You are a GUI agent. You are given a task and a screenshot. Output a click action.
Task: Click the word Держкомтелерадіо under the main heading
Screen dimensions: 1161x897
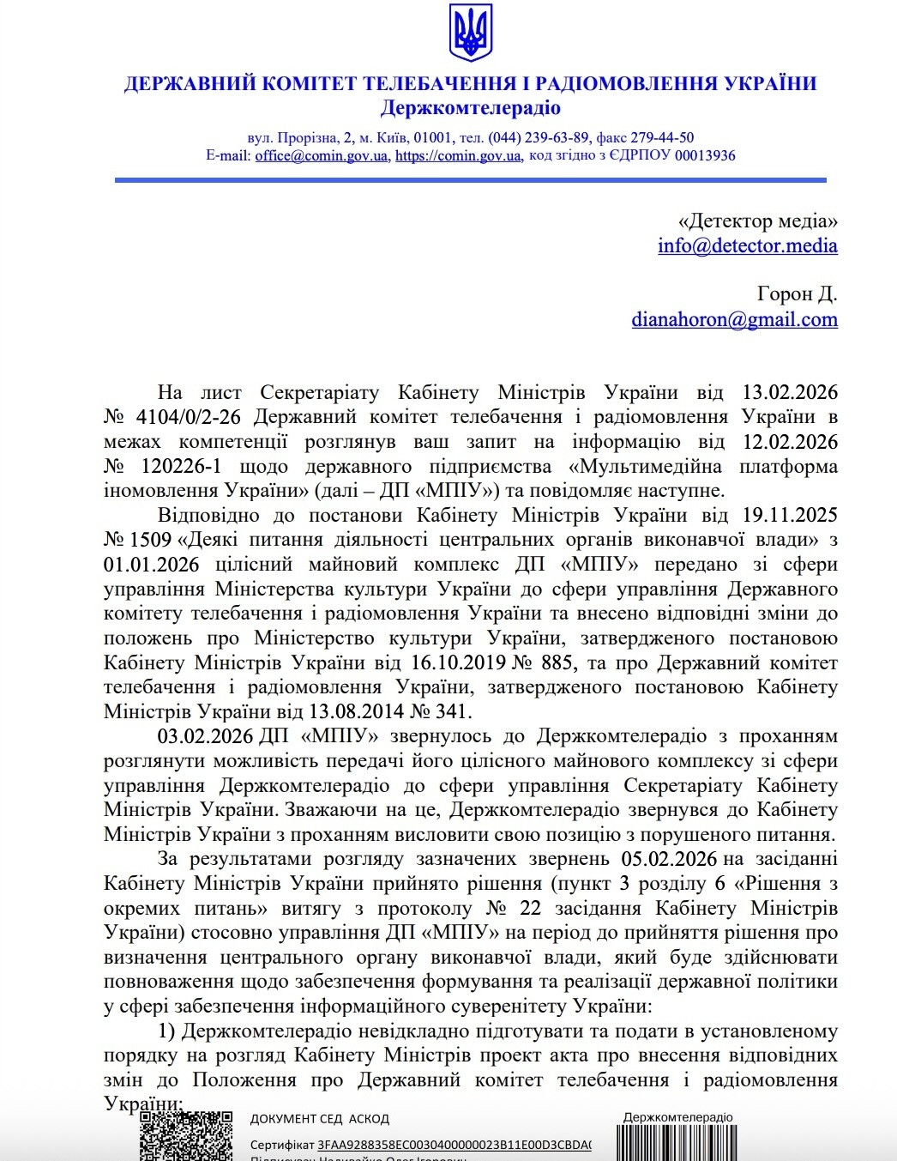470,108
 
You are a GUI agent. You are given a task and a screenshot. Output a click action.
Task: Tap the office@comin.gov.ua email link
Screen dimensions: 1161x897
322,156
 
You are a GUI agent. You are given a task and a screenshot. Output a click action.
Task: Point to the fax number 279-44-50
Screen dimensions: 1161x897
662,137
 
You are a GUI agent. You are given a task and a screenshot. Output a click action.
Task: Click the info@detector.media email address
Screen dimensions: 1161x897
747,246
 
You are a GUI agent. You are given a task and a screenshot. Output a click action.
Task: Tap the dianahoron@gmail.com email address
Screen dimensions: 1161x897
734,320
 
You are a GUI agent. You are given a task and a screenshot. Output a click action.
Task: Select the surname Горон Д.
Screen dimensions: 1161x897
797,294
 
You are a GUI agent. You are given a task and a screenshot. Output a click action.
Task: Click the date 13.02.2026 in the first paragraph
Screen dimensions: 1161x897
789,393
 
